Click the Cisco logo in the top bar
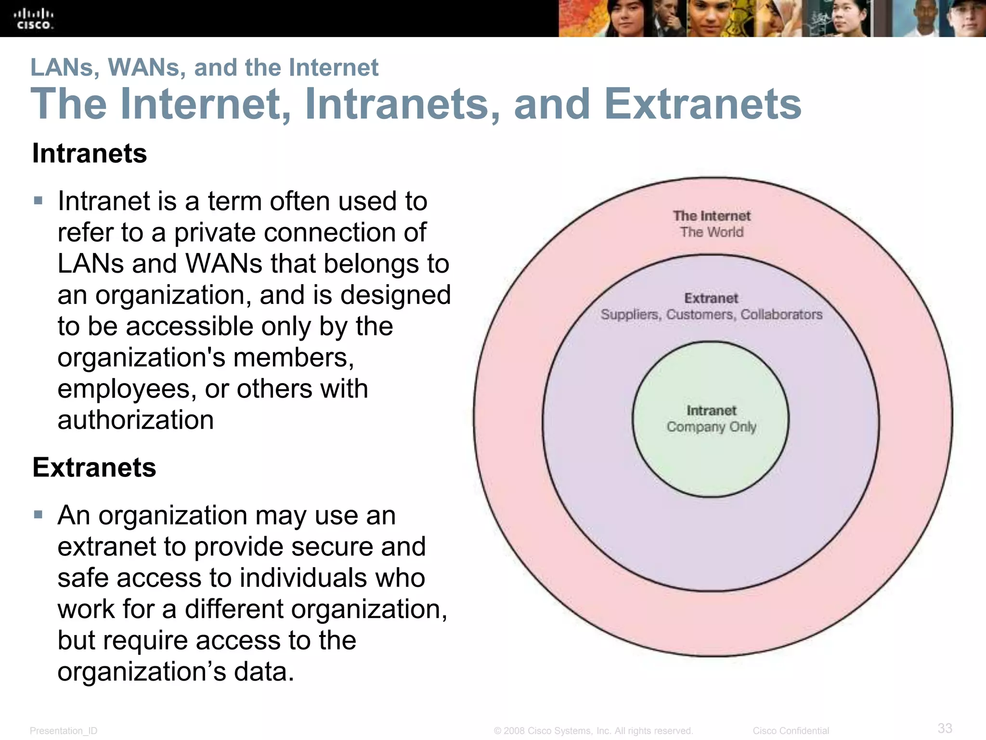[x=34, y=18]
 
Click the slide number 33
[x=945, y=727]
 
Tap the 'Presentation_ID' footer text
[x=64, y=731]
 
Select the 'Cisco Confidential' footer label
[x=791, y=731]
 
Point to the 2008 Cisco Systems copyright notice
[x=593, y=731]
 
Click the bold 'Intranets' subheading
[x=90, y=154]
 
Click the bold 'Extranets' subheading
[x=94, y=467]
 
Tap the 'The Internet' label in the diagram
[x=712, y=216]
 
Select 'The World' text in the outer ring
[x=712, y=232]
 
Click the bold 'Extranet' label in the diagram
[x=711, y=298]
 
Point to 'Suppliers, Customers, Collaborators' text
[x=711, y=315]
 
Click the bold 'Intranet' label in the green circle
[x=711, y=410]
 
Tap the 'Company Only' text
[x=711, y=427]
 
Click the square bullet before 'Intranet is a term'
[x=39, y=200]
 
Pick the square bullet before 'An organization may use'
[x=39, y=515]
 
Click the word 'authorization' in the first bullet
[x=136, y=420]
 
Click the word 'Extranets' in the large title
[x=702, y=104]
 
